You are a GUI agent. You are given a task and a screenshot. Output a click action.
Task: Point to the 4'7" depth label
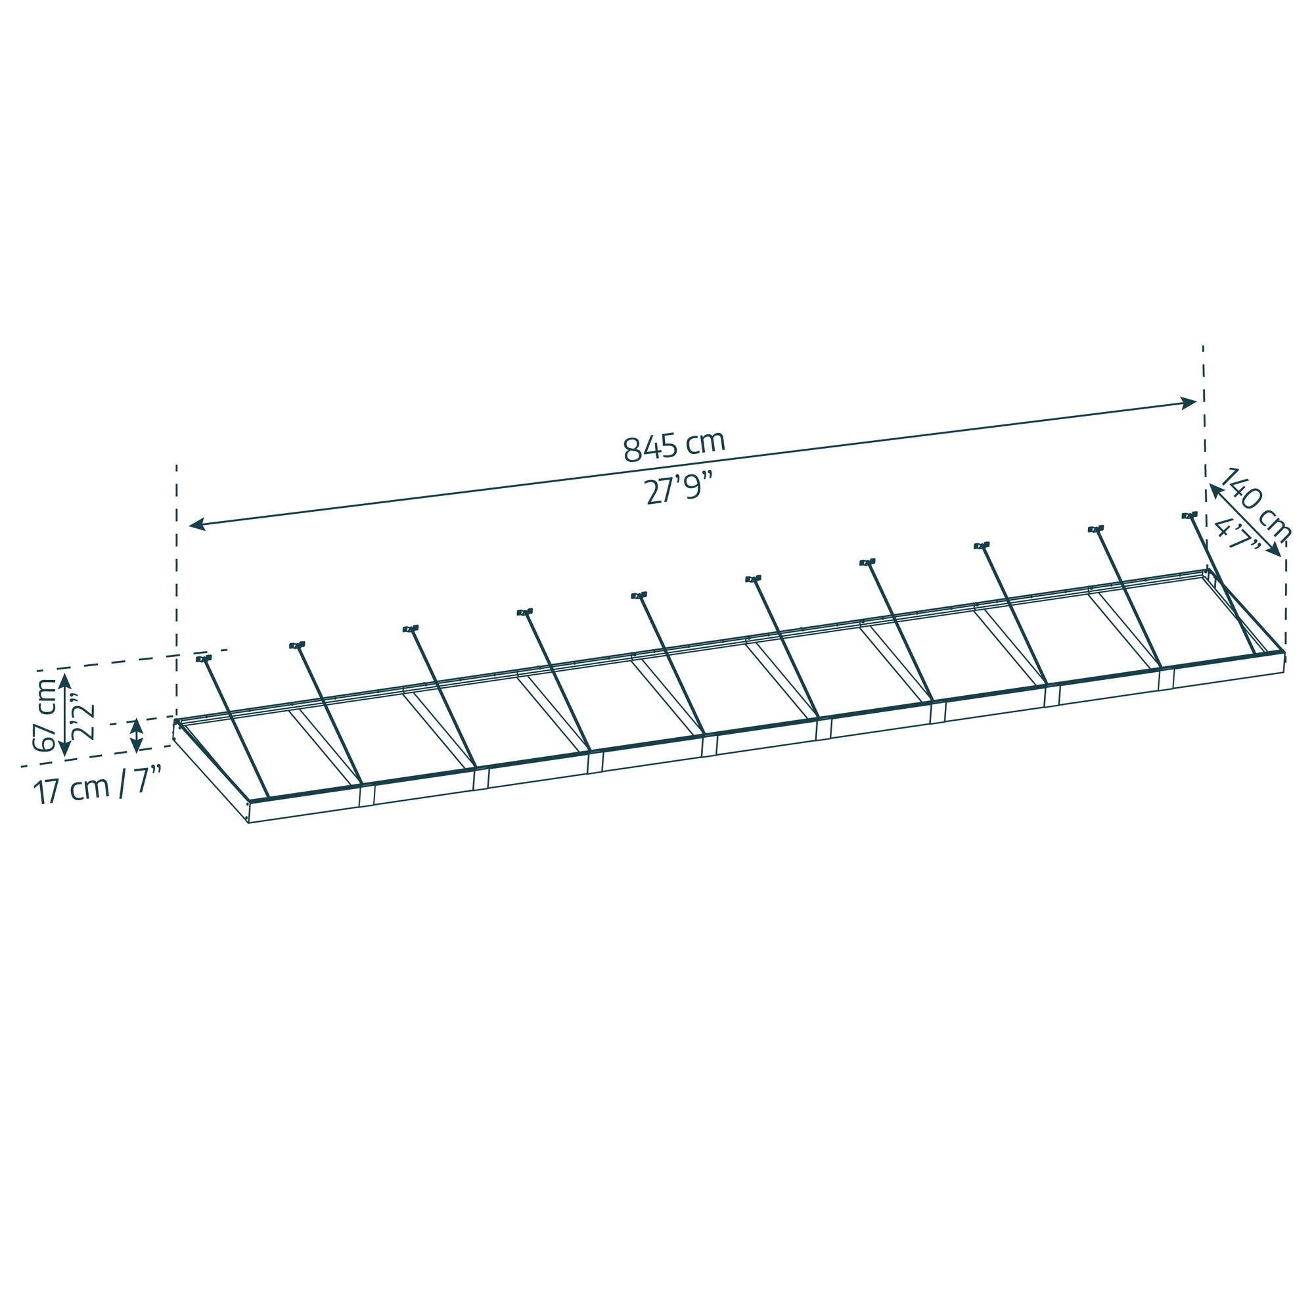[1236, 535]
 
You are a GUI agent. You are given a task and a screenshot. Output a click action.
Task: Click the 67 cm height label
[45, 714]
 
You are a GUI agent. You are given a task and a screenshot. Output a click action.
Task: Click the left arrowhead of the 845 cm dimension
[196, 524]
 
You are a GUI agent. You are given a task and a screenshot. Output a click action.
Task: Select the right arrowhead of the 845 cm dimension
[1189, 403]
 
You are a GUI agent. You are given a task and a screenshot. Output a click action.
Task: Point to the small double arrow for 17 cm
[137, 735]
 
